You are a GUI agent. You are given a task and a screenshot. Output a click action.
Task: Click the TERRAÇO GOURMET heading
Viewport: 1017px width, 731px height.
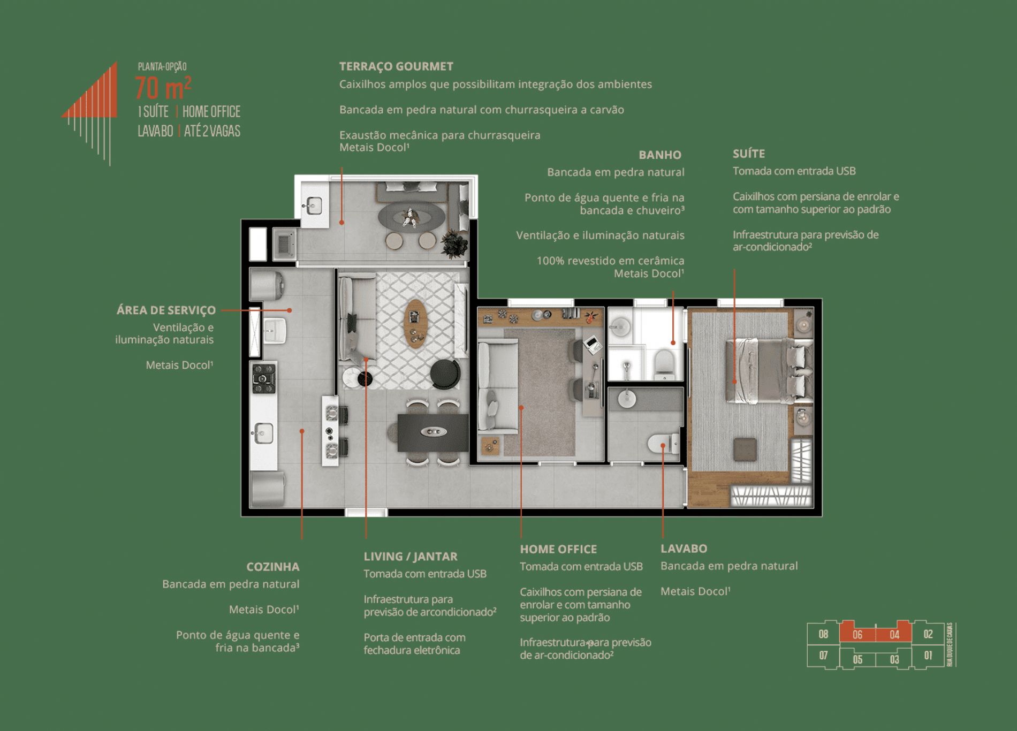coord(396,66)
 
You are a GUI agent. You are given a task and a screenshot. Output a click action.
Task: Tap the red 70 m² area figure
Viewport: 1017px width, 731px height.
coord(163,88)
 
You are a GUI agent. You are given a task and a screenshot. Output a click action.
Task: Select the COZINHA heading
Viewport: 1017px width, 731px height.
coord(272,567)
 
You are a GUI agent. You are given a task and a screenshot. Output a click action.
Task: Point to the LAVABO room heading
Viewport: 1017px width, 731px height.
coord(684,549)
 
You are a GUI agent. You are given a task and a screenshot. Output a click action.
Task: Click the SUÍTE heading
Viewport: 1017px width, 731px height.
coord(749,154)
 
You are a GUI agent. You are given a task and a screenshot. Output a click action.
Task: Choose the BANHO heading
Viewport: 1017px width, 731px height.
coord(660,155)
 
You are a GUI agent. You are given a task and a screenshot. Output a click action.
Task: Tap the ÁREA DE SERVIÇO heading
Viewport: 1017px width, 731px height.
coord(166,310)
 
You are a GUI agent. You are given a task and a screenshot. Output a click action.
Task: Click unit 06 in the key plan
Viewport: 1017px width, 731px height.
coord(857,635)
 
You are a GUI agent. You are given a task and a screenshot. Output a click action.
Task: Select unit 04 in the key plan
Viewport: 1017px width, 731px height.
coord(894,635)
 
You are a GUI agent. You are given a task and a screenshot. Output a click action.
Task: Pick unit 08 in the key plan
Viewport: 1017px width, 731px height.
coord(823,634)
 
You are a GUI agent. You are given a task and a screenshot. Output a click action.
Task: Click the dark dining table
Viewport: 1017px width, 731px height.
coord(432,433)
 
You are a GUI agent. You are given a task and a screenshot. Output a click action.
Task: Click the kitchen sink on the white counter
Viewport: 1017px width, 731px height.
coord(263,433)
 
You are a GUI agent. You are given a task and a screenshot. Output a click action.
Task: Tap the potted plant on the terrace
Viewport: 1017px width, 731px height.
coord(454,244)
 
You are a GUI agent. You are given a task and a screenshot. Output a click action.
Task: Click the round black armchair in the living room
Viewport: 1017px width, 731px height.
coord(445,373)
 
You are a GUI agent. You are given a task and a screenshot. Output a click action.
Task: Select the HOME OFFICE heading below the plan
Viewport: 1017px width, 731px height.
coord(558,549)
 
